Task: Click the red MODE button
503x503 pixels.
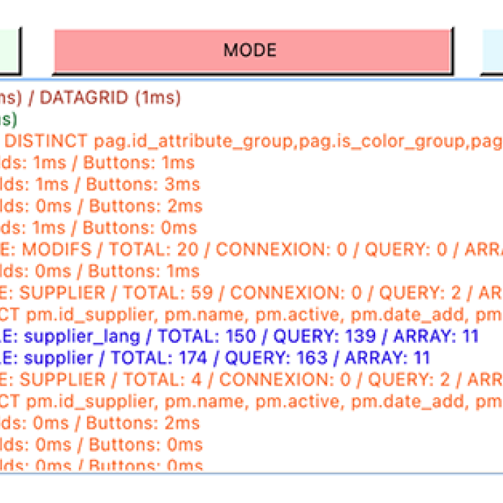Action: (251, 50)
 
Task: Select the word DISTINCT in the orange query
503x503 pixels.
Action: (51, 141)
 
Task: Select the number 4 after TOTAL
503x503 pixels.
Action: (202, 379)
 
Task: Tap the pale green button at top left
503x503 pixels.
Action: (9, 50)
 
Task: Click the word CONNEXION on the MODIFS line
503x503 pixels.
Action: (265, 249)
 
